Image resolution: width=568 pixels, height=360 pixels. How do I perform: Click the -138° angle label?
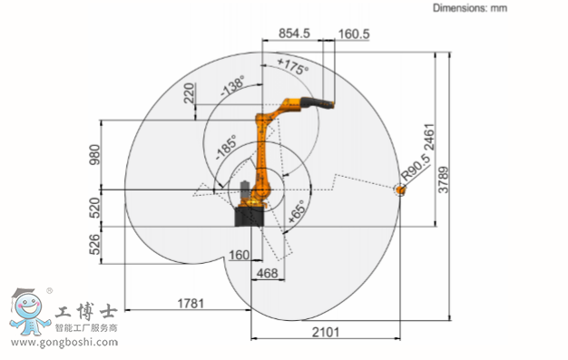233,87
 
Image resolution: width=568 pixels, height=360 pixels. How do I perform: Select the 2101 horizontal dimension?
325,332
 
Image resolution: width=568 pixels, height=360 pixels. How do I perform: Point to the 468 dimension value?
267,272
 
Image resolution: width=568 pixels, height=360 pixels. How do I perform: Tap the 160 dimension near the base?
239,256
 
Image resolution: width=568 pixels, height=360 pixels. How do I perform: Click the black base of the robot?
250,218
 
